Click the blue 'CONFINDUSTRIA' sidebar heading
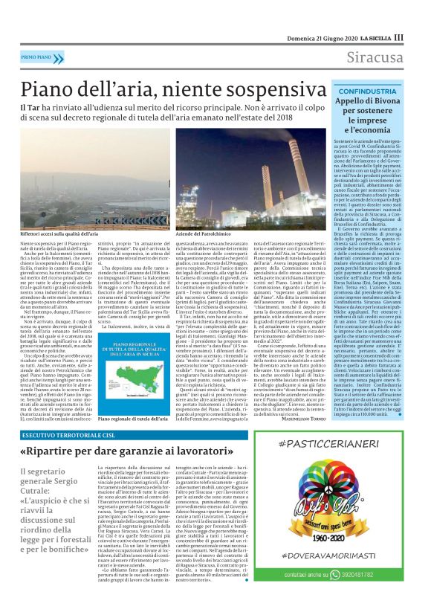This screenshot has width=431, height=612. pos(366,90)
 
